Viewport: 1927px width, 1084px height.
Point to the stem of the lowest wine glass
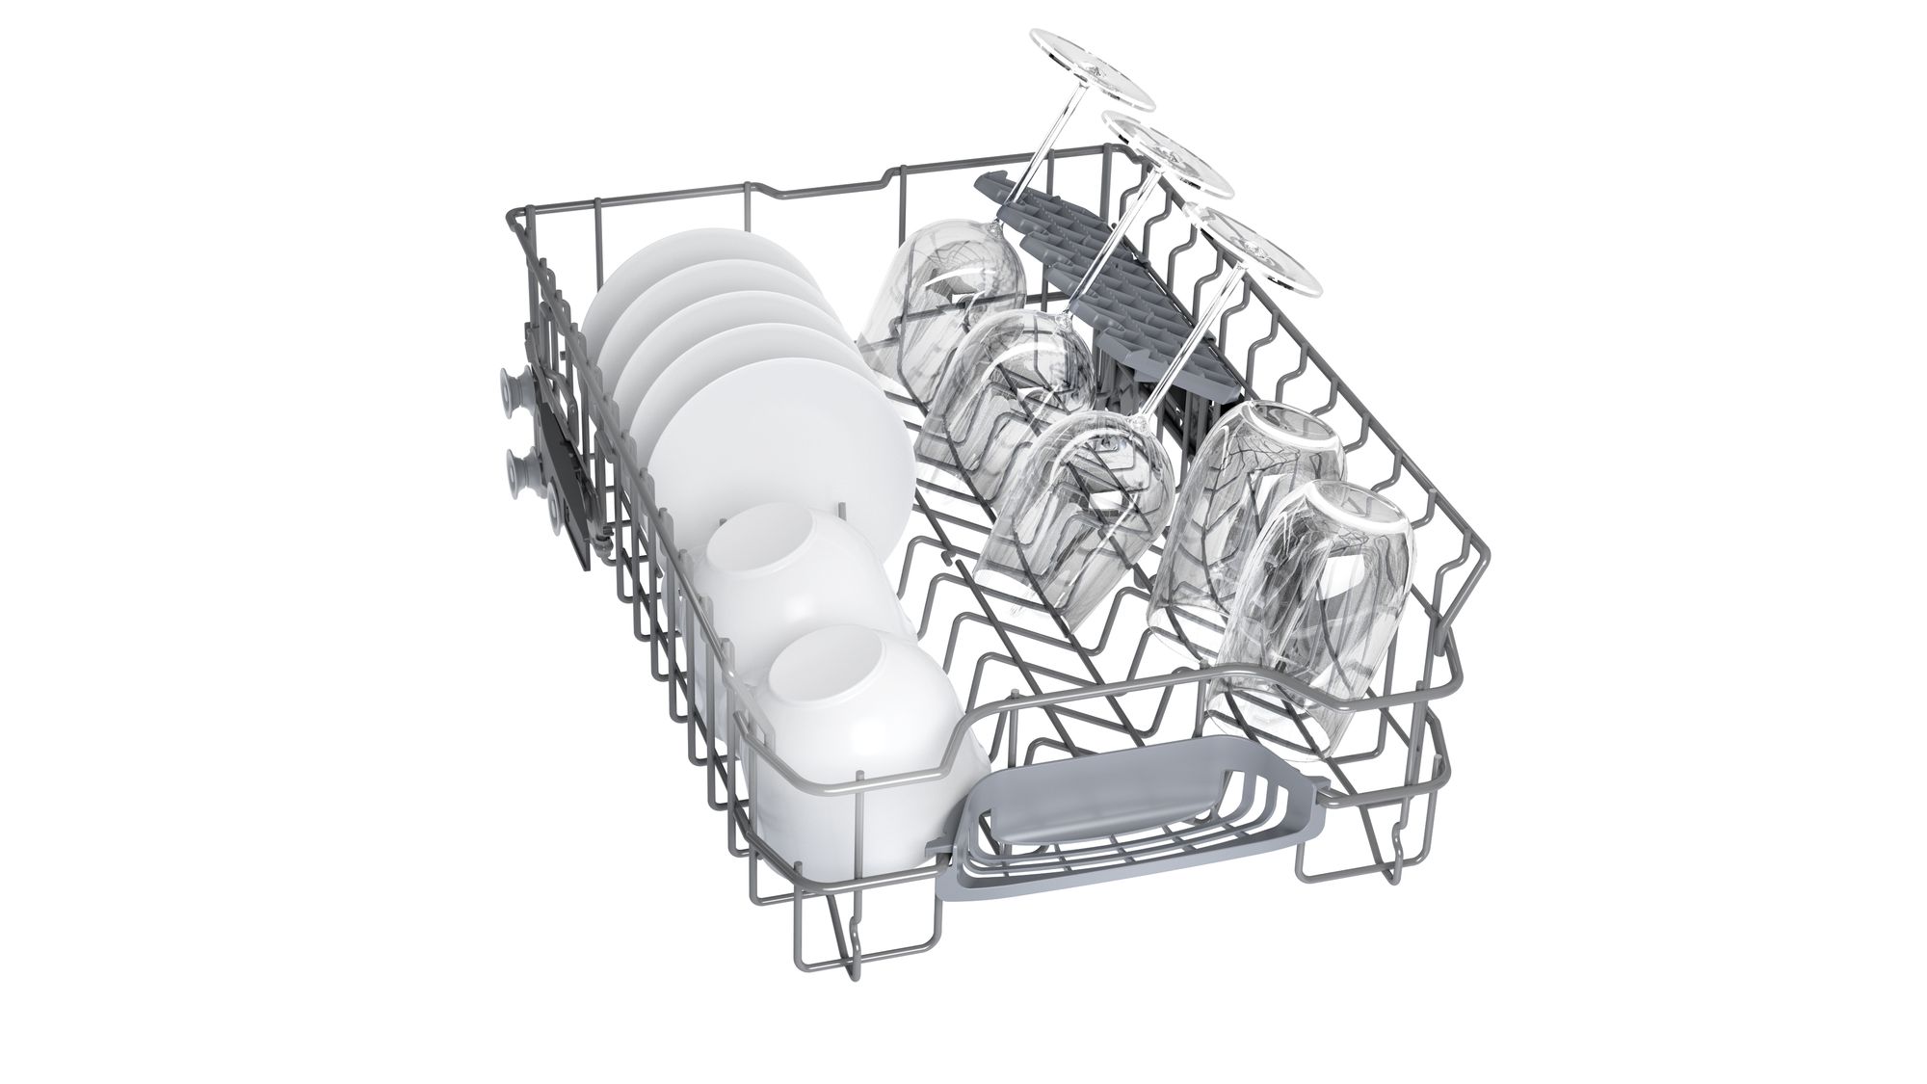(x=1175, y=376)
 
